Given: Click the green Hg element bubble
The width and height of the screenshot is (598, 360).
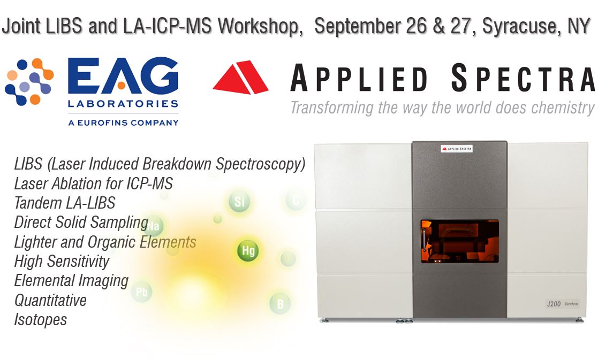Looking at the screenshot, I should (247, 250).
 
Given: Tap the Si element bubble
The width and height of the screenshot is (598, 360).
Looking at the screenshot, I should (239, 202).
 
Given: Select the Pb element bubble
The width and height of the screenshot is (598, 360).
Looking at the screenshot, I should (142, 292).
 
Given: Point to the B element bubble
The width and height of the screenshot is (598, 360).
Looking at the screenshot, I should (279, 303).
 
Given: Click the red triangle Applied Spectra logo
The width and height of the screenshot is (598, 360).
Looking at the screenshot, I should (240, 78).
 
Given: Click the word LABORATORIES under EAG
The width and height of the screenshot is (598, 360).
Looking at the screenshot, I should (123, 103).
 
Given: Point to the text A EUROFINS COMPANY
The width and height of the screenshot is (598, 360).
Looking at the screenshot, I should (123, 122).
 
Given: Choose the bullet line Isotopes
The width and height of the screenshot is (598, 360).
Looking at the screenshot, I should (41, 320).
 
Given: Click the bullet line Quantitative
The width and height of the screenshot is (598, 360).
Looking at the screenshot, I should (50, 300).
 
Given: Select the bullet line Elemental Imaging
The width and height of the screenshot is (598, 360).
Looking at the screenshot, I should (71, 280).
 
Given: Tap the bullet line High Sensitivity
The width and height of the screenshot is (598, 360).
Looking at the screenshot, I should (62, 261).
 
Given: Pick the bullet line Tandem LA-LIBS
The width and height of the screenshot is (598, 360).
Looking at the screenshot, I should (64, 203).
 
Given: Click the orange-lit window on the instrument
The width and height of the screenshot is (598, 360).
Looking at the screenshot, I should (459, 241).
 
